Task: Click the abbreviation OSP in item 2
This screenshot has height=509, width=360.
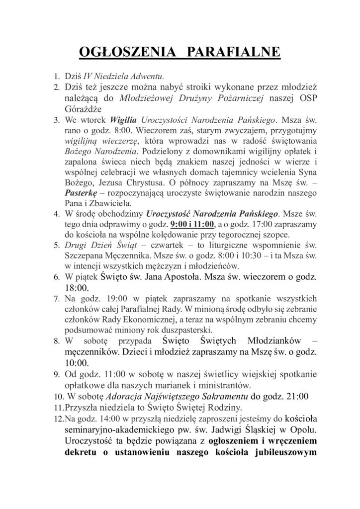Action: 294,98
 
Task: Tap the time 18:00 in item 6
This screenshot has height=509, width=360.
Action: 77,288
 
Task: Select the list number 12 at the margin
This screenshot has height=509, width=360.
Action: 57,419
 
